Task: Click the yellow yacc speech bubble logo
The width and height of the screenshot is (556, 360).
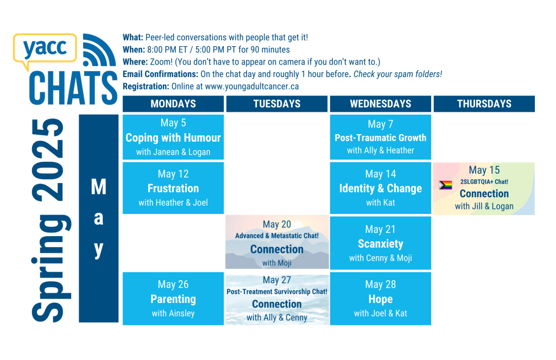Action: coord(45,49)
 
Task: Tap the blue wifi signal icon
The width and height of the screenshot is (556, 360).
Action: coord(99,50)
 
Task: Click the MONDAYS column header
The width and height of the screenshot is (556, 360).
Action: coord(173,104)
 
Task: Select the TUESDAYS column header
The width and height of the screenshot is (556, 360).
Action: coord(276,104)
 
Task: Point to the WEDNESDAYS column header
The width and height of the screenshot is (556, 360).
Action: coord(381,104)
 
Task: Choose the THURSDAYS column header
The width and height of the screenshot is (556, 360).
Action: coord(484,104)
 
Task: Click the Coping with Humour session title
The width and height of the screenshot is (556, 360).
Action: coord(173,137)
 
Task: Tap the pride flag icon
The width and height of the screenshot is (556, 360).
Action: coord(445,185)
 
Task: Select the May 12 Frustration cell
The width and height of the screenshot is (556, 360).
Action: coord(173,188)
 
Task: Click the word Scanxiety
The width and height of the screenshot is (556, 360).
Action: coord(381,244)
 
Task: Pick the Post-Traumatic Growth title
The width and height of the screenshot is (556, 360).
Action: coord(381,137)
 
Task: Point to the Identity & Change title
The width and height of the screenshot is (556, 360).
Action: coord(381,188)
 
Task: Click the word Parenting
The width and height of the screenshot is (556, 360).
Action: coord(173,299)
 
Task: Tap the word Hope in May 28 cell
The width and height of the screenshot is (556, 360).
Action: coord(381,299)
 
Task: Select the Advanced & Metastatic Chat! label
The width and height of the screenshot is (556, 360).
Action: coord(276,236)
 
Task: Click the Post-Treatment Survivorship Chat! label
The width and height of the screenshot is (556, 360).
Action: coord(276,292)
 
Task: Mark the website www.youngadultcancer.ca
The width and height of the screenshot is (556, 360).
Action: coord(252,86)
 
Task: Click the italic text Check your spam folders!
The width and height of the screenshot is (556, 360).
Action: coord(397,74)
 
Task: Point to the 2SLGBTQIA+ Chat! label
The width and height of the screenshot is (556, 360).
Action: coord(484,181)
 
